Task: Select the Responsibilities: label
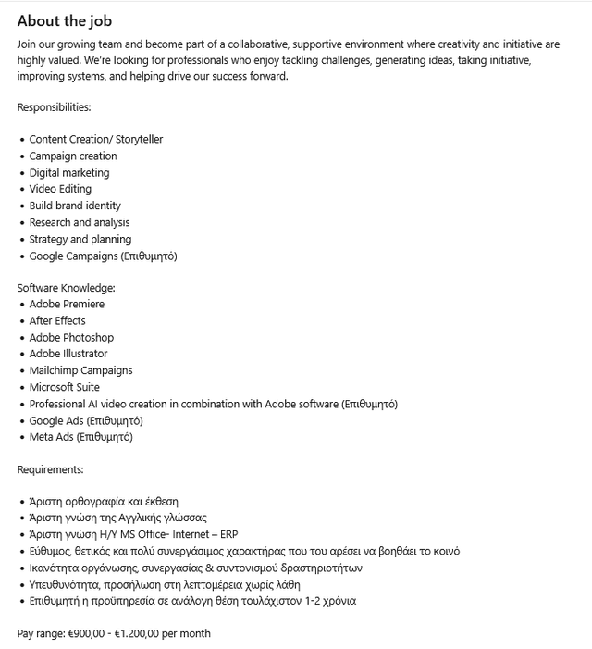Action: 54,107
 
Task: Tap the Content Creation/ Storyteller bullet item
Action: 95,140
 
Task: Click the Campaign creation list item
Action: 73,156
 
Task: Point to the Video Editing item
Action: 60,189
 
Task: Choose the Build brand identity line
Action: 75,206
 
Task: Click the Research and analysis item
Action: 80,222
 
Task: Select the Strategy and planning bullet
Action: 80,239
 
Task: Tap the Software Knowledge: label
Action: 66,288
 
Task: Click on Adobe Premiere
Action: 67,304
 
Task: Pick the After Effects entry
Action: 57,320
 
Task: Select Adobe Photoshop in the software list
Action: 71,338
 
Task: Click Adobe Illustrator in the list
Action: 68,354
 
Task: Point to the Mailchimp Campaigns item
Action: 80,370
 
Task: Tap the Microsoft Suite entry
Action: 64,387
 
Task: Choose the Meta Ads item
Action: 52,437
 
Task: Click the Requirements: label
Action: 50,469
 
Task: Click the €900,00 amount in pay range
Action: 86,633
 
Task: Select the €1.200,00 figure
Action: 137,633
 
